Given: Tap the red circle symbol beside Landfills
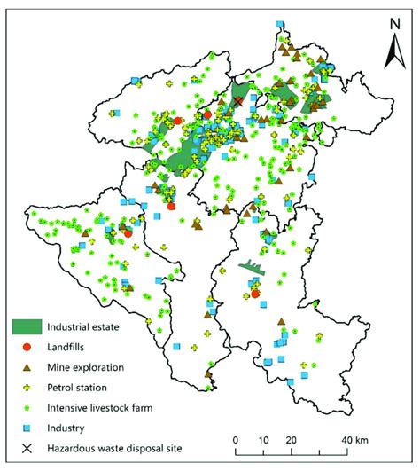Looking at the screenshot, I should click(x=27, y=347).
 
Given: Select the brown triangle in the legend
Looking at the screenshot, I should click(x=27, y=366).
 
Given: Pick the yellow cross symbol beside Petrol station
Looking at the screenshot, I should click(x=27, y=387).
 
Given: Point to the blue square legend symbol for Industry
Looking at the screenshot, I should click(x=27, y=428).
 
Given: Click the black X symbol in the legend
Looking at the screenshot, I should click(x=27, y=448).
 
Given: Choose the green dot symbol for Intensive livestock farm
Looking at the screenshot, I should click(x=27, y=407).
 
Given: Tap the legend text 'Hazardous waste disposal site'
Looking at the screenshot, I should click(x=115, y=448).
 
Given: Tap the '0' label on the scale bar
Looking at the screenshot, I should click(x=236, y=439).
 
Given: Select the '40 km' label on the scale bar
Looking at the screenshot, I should click(x=356, y=439).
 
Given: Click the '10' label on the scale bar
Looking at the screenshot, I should click(x=264, y=439).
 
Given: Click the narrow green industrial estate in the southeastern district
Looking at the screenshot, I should click(x=252, y=266).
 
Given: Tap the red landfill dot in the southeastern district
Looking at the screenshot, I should click(x=254, y=294).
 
